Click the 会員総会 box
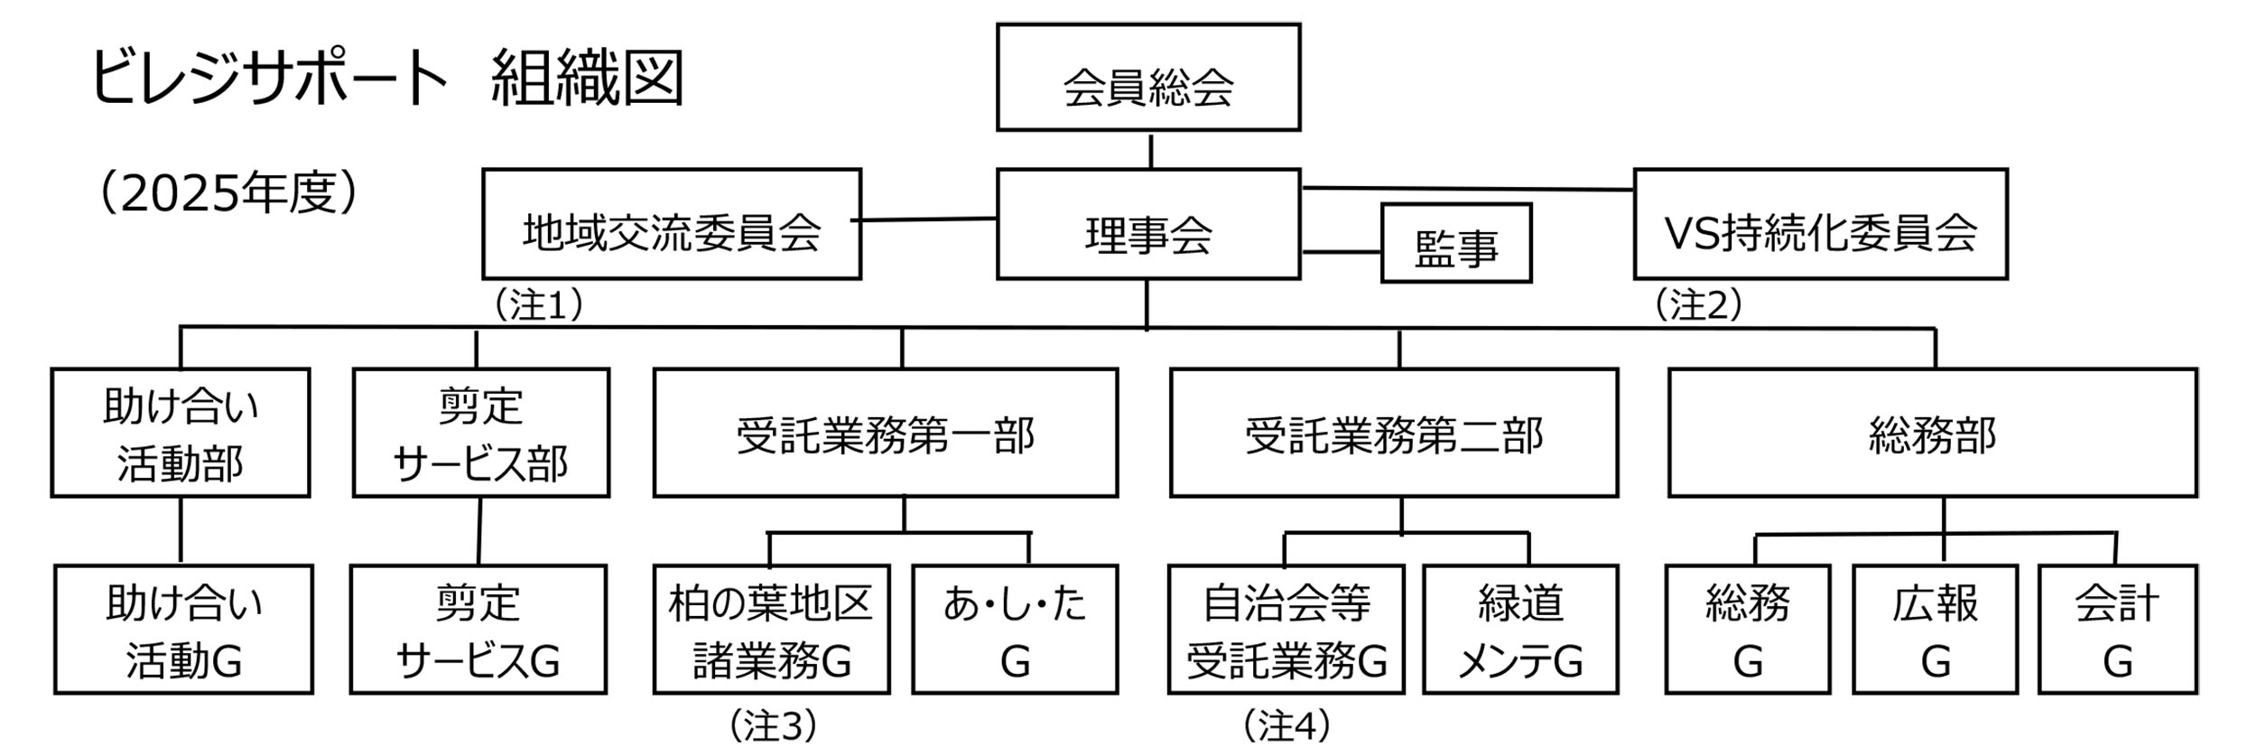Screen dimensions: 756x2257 (1147, 78)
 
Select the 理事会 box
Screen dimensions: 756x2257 (1147, 225)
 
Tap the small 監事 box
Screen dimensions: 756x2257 (1455, 244)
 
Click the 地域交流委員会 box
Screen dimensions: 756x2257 (672, 225)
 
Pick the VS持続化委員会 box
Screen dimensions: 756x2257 (1820, 225)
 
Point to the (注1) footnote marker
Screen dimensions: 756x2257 (538, 305)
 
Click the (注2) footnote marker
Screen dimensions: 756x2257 (1697, 305)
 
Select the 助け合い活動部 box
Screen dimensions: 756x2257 (181, 433)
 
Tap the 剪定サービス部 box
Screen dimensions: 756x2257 (480, 433)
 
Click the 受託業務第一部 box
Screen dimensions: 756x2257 (885, 433)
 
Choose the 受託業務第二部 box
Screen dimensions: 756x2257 (1393, 433)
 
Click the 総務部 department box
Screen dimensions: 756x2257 (1932, 433)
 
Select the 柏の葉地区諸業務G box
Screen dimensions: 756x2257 (771, 630)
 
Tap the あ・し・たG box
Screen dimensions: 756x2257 (1015, 630)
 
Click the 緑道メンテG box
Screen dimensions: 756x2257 (1520, 630)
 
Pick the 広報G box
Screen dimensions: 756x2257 (1935, 630)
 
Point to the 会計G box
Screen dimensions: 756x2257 (2117, 630)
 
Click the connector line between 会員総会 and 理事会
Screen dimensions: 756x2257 (1150, 151)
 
